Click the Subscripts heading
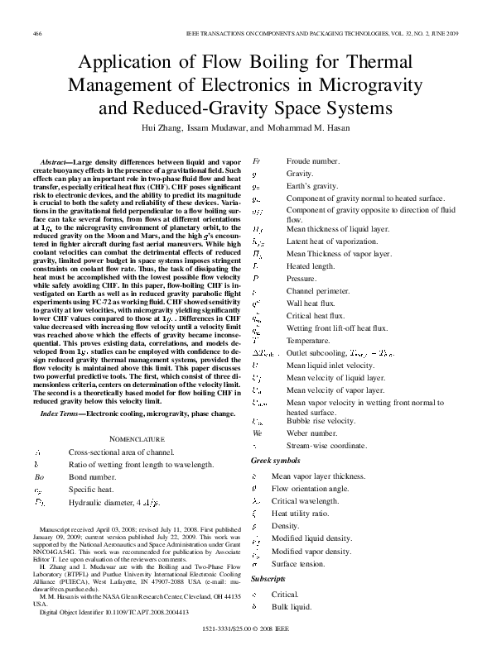click(268, 579)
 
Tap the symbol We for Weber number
click(257, 433)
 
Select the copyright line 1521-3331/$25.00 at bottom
click(247, 630)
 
